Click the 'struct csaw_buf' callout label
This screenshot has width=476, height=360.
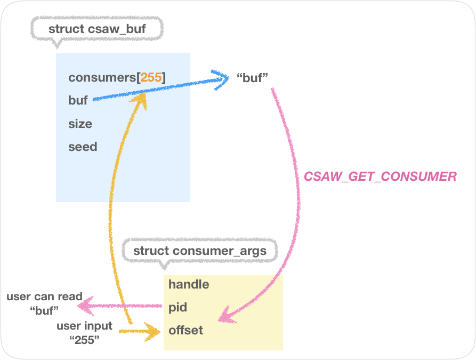(96, 28)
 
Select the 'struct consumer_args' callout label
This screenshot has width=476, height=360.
(199, 251)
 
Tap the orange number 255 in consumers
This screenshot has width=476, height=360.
(151, 77)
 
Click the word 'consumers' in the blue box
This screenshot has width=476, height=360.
(102, 77)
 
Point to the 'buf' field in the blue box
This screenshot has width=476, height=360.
(78, 100)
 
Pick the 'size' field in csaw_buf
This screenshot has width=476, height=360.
(80, 124)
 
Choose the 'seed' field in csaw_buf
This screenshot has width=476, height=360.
(83, 147)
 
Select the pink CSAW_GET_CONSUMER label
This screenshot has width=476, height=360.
(380, 177)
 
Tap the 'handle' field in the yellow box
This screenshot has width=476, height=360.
(189, 284)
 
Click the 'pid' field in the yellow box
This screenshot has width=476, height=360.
(178, 308)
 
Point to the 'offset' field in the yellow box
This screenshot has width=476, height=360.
(185, 331)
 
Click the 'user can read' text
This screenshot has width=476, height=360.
(44, 297)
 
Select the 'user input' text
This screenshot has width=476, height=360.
(85, 325)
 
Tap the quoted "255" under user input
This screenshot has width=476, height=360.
(86, 340)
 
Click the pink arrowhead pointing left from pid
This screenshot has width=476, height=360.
(83, 307)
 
